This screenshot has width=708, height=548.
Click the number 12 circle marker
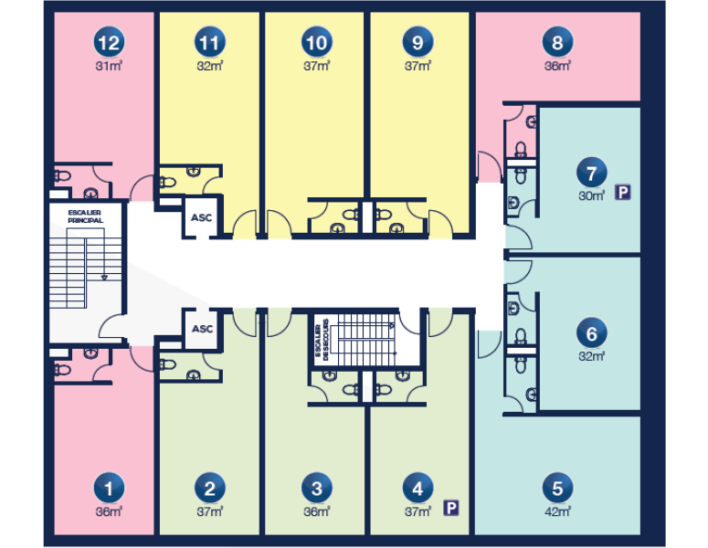click(109, 42)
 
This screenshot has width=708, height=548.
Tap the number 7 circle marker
click(591, 173)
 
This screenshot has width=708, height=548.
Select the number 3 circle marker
click(316, 488)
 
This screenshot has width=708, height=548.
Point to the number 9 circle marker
click(417, 42)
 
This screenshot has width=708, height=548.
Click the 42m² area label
click(557, 511)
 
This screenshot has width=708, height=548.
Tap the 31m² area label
click(109, 67)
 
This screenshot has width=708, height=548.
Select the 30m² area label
click(591, 195)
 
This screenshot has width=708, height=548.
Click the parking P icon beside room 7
click(623, 193)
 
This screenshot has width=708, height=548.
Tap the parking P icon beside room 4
click(451, 509)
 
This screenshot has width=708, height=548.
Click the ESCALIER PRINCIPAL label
click(85, 216)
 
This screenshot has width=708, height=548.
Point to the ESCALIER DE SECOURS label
click(322, 340)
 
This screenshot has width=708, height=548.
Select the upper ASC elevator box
click(201, 217)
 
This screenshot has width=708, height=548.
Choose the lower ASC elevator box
click(202, 329)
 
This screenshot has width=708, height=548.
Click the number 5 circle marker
click(557, 488)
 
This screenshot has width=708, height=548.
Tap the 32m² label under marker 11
click(210, 67)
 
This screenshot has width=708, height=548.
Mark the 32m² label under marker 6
click(591, 356)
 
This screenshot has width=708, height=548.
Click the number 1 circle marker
click(109, 488)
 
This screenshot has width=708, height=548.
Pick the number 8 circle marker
click(557, 42)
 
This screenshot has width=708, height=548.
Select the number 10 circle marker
click(316, 42)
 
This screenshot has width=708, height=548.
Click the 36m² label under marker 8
click(557, 67)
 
